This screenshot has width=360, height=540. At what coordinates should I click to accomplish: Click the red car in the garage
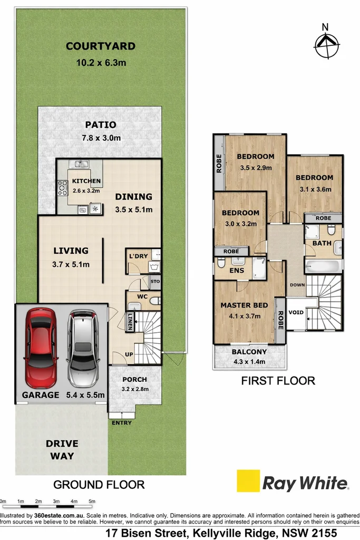40,348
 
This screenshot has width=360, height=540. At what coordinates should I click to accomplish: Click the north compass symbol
326,45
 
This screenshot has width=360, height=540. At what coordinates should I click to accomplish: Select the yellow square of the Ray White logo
248,481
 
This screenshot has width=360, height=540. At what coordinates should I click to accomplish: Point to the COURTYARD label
101,46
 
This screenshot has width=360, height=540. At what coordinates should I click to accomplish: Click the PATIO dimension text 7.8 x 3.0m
101,138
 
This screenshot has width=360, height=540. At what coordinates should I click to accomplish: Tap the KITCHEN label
86,181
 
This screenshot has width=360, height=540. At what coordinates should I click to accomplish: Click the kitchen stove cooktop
63,188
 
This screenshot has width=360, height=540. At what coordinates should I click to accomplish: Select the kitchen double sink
79,164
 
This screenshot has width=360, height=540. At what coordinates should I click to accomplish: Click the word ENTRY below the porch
122,422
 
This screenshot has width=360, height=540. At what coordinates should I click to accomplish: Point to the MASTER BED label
244,305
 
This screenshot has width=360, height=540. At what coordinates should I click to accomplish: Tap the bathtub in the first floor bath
323,266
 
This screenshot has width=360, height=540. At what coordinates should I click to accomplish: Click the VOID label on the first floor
296,312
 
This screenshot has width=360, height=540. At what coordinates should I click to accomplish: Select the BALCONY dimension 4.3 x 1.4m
249,362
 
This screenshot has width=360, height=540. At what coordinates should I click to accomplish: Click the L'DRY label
138,256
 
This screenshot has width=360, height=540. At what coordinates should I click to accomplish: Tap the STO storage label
155,282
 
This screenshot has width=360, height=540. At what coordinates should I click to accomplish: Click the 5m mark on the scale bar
92,501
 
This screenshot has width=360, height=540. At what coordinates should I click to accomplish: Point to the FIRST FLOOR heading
278,381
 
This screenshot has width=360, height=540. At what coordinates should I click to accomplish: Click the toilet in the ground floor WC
155,301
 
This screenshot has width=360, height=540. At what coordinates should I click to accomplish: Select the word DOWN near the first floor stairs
297,285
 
